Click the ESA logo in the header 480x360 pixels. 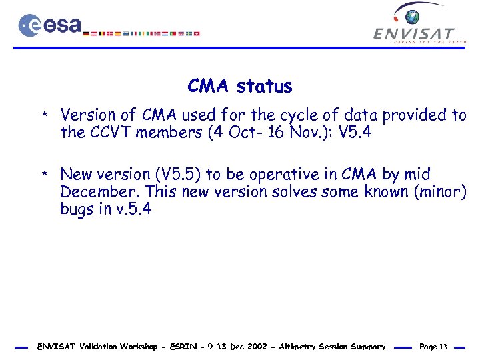[x=50, y=25]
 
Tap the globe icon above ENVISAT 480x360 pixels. [x=414, y=16]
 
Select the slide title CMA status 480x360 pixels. [x=240, y=86]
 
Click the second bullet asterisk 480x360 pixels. [x=43, y=176]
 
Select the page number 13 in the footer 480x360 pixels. [x=443, y=347]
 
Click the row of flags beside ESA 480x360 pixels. [x=144, y=33]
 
